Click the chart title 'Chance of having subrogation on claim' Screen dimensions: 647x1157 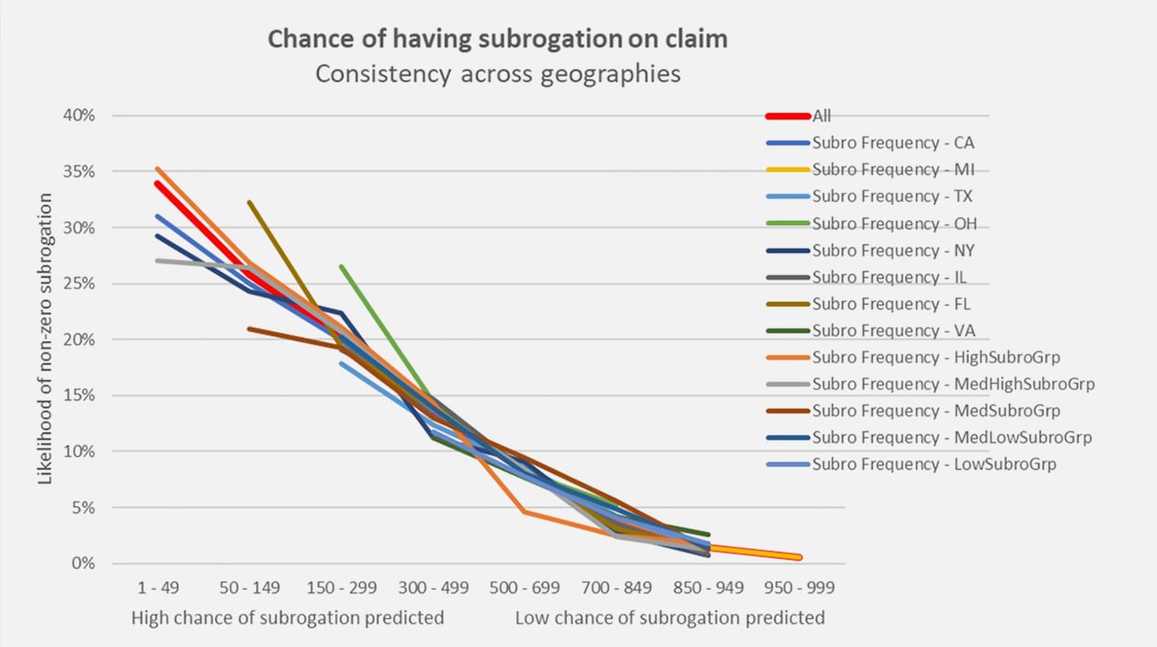pos(498,39)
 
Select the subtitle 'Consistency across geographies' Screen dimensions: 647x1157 pos(498,73)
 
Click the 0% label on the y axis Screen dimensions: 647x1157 pos(83,564)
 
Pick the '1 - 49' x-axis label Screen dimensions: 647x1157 pos(158,589)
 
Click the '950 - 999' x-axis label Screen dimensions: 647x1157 pos(799,589)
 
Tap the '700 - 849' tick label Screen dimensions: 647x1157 pos(617,589)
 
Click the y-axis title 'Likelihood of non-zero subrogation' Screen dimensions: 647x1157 pos(44,339)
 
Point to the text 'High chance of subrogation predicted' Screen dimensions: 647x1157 pos(287,617)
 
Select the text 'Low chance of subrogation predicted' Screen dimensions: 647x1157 pos(669,617)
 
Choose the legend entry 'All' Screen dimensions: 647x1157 pos(821,116)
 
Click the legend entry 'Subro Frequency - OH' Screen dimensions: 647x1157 pos(893,223)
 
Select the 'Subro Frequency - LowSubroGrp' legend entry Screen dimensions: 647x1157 pos(934,464)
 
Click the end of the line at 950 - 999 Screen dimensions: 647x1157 pos(798,557)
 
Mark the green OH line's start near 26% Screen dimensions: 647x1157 pos(341,266)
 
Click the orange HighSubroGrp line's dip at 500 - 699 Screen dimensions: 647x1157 pos(524,512)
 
